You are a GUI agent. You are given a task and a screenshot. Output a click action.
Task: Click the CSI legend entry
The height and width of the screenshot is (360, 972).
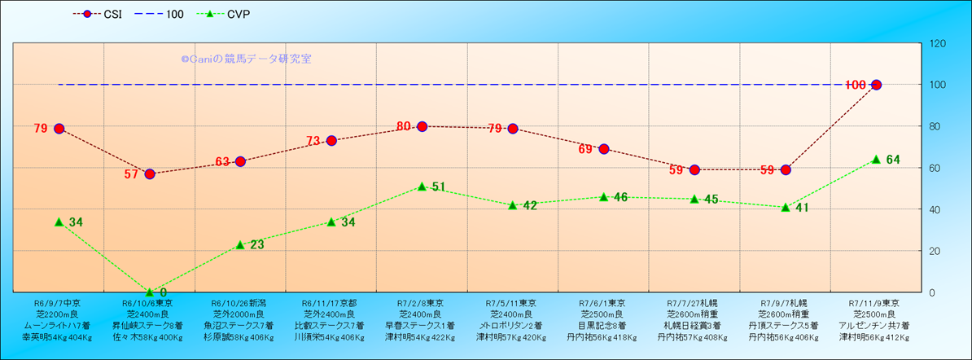click(102, 15)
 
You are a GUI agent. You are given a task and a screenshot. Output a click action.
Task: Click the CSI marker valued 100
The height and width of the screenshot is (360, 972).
click(876, 85)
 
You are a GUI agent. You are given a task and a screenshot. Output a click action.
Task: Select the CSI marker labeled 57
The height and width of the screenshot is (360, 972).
click(150, 173)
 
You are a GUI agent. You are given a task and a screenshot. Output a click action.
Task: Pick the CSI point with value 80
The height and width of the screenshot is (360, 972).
click(422, 126)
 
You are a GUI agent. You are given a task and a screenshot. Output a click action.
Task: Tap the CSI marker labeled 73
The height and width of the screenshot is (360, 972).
click(331, 141)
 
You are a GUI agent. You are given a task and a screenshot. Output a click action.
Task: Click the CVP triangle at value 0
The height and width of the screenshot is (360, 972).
click(150, 292)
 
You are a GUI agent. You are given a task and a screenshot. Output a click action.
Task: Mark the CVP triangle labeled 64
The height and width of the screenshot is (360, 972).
click(876, 160)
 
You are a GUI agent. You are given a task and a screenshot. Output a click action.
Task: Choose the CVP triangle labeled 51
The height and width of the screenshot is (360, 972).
click(422, 187)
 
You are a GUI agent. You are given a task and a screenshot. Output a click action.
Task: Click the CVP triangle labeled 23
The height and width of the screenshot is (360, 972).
click(240, 244)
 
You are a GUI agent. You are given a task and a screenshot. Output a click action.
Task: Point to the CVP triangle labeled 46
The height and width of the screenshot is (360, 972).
click(603, 197)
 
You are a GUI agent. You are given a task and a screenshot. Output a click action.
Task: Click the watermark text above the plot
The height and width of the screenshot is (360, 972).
click(246, 59)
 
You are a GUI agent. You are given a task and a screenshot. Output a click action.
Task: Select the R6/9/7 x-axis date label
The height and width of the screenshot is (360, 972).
click(58, 302)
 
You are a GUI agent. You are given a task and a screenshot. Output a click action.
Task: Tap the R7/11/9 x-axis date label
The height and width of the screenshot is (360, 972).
click(874, 302)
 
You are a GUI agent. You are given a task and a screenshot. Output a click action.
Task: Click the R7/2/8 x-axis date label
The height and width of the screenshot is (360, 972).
click(421, 302)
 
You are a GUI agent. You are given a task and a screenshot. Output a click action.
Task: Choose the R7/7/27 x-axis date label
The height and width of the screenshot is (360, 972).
click(693, 302)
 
